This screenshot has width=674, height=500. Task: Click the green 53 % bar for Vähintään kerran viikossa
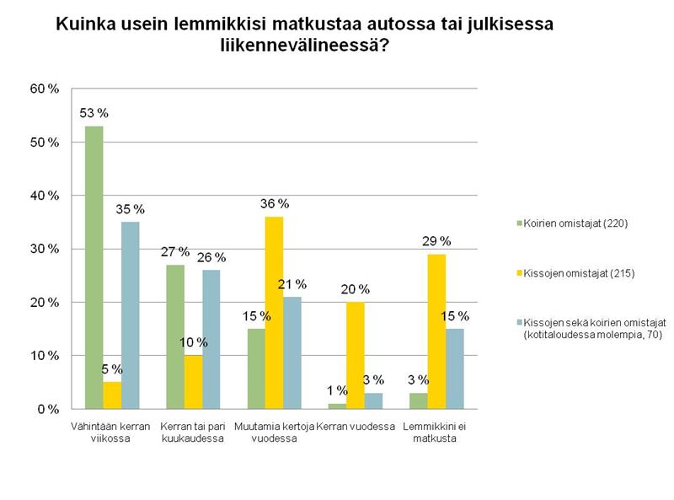click(94, 267)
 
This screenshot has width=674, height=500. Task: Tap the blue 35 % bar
click(130, 315)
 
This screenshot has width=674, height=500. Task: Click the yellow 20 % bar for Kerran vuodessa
click(356, 355)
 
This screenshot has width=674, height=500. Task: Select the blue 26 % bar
click(211, 340)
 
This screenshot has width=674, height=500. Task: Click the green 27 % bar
click(176, 337)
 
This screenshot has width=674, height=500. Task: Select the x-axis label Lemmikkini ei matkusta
click(436, 433)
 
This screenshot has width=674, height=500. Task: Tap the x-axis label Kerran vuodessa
click(356, 427)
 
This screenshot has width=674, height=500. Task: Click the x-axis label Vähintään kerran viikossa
click(112, 433)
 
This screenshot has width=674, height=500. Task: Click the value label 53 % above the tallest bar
click(95, 113)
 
